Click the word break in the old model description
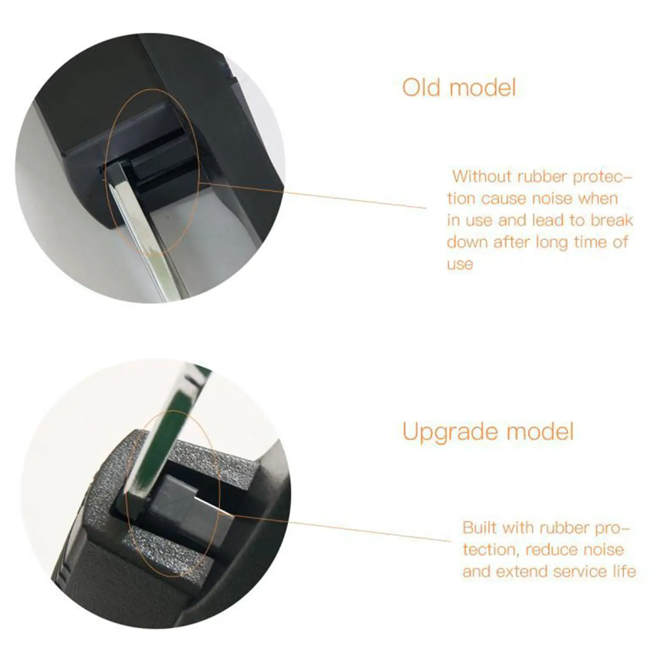pos(612,220)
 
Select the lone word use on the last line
pos(460,264)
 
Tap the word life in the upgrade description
pos(624,571)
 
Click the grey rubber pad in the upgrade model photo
pos(191,502)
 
